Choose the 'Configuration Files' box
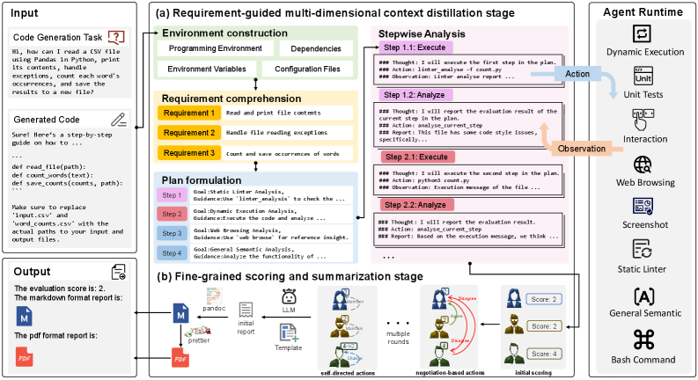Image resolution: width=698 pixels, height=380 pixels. (307, 69)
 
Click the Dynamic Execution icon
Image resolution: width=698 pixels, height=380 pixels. (643, 36)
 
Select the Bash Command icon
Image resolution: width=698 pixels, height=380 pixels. (643, 338)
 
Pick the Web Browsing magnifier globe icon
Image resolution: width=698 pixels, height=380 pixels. (643, 164)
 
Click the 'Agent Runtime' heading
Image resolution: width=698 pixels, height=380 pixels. (643, 11)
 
